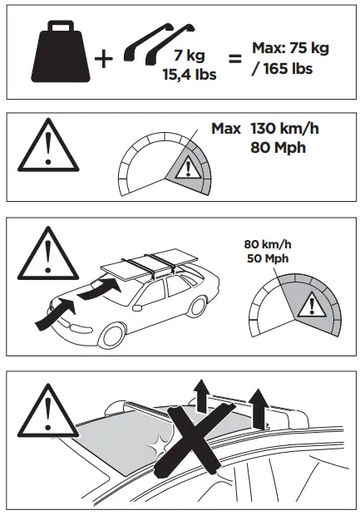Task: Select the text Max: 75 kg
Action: tap(290, 48)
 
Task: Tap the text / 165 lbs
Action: tap(282, 69)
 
